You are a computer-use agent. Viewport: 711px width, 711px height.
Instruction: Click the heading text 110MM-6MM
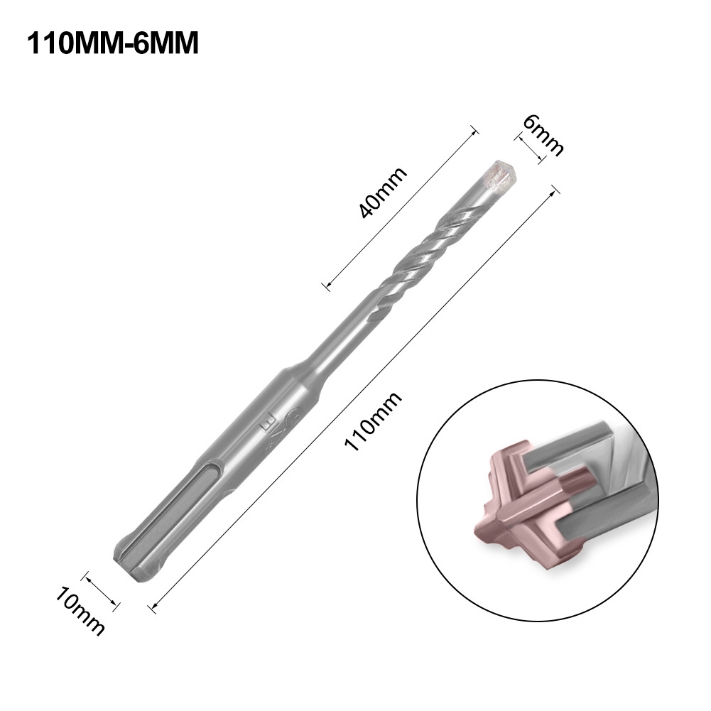[x=112, y=43]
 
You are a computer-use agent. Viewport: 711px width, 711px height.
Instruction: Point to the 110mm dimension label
[x=372, y=422]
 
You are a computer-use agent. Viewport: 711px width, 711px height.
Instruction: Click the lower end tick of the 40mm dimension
[x=326, y=286]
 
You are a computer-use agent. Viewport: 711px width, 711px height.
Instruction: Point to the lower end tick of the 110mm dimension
[x=151, y=606]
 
